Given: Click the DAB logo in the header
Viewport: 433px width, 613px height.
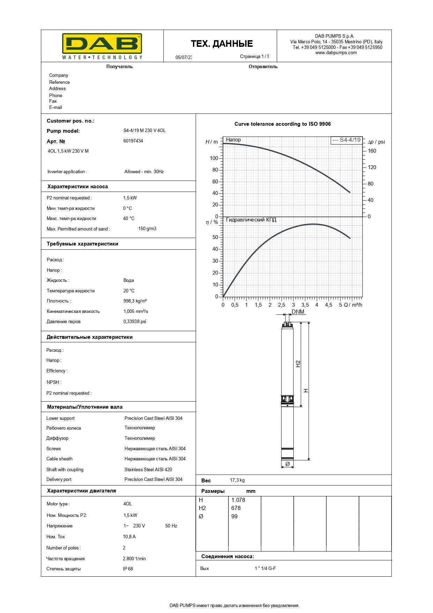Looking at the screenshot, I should [102, 46].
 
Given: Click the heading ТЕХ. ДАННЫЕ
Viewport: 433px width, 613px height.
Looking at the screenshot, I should [222, 44].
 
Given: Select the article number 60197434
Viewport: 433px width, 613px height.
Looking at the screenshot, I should [133, 141].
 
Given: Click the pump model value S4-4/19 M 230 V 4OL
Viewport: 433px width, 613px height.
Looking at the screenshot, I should [144, 131].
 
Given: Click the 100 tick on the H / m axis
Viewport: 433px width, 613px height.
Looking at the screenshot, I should [214, 158].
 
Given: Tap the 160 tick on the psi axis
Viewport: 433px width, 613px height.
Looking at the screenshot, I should [372, 151].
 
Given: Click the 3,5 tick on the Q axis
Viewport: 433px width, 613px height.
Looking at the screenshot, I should [305, 305].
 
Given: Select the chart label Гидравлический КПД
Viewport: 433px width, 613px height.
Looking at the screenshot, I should [251, 220].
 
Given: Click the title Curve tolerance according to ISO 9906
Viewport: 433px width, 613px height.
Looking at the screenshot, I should [282, 124].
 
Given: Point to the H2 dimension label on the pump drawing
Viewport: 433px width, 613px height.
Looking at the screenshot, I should [298, 364].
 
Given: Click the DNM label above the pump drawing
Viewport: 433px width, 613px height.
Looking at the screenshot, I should [298, 312].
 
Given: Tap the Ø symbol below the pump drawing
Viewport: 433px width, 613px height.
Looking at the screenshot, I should [287, 464].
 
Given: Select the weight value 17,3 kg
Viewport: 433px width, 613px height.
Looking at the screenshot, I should [237, 480].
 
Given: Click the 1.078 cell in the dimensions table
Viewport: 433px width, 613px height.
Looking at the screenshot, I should [238, 500].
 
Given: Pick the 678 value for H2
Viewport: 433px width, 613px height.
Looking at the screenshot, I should [236, 508].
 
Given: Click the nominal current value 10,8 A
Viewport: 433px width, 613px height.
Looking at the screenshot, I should [129, 537].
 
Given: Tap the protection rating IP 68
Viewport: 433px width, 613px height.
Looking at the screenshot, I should [128, 569].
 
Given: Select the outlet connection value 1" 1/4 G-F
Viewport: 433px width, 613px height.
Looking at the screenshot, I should [265, 568].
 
